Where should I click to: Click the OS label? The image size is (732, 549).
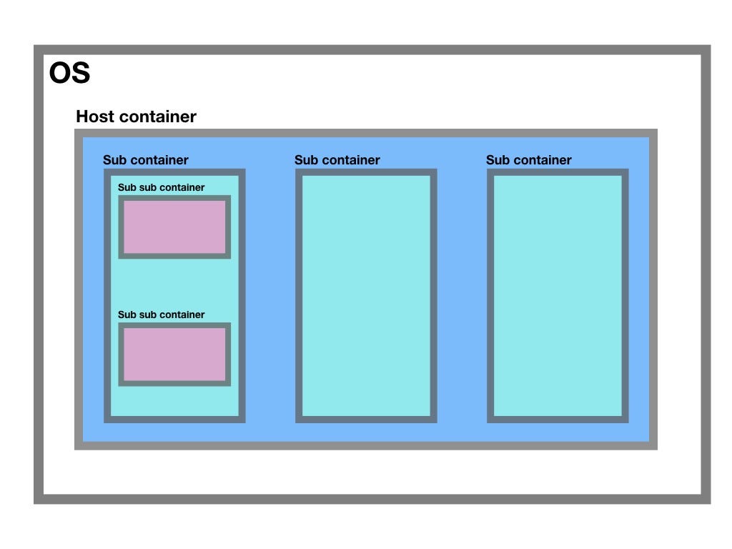click(x=69, y=74)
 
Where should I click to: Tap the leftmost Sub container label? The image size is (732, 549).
click(x=146, y=160)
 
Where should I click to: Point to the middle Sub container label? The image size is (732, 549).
click(x=337, y=160)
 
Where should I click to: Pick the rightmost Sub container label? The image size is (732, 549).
click(x=529, y=160)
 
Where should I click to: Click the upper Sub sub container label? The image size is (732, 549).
click(x=162, y=188)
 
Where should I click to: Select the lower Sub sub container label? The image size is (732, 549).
click(x=162, y=315)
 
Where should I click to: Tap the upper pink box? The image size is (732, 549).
click(x=174, y=227)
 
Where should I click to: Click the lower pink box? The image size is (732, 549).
click(x=174, y=354)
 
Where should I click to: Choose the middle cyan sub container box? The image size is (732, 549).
click(x=366, y=296)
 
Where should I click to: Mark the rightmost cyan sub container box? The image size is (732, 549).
click(x=558, y=296)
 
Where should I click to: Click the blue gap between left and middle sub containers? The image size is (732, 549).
click(x=270, y=296)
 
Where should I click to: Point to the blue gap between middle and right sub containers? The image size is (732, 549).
click(x=462, y=296)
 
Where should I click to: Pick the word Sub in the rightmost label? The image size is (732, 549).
click(x=498, y=160)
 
